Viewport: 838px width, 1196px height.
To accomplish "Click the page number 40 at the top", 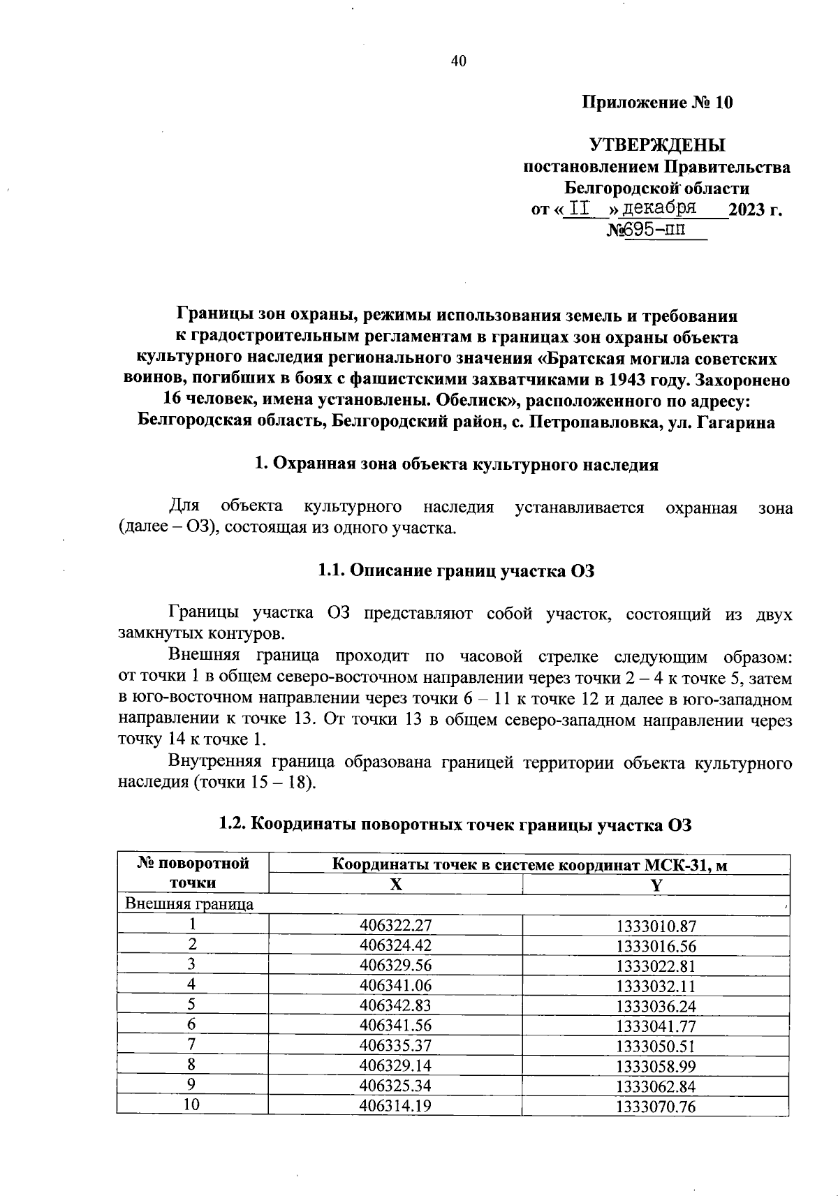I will (458, 61).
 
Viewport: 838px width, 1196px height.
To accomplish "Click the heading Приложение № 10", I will (657, 103).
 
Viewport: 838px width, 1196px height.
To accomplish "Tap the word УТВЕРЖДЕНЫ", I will (657, 145).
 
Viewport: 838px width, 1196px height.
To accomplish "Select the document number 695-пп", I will (655, 230).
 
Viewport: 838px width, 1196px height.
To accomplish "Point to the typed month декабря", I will (659, 208).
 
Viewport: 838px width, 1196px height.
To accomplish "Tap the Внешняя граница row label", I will (189, 904).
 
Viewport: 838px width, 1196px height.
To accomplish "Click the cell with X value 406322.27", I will (395, 925).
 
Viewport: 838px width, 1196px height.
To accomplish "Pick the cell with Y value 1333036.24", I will (656, 1006).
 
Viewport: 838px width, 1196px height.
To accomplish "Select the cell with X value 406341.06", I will (395, 986).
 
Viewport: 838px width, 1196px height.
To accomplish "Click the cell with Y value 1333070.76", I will (656, 1107).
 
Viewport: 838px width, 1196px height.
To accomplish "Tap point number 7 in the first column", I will (192, 1045).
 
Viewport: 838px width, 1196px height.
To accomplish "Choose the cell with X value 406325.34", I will (395, 1086).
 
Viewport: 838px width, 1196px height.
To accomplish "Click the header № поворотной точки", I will (193, 873).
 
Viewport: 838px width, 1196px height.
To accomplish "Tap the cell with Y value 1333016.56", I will (656, 946).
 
